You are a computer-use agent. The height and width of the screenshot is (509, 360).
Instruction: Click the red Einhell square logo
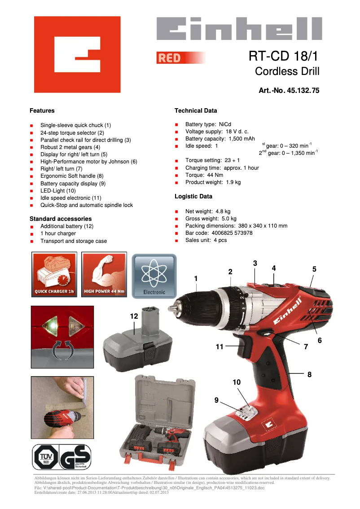[77, 54]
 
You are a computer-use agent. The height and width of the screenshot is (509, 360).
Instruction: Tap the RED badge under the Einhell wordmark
[169, 58]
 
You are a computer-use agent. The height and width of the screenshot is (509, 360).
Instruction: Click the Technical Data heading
[196, 110]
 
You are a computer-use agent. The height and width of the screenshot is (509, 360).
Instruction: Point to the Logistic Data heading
[193, 196]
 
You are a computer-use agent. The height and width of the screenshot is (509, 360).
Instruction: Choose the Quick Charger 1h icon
[54, 274]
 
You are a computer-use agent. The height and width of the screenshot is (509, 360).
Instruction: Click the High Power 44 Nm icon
[104, 274]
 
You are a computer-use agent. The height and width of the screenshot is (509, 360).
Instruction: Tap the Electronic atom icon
[154, 274]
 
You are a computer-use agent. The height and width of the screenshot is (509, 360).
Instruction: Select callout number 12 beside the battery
[134, 316]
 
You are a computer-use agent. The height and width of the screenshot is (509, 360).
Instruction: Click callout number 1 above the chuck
[196, 279]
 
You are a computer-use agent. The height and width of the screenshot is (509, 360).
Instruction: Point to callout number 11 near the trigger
[219, 347]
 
